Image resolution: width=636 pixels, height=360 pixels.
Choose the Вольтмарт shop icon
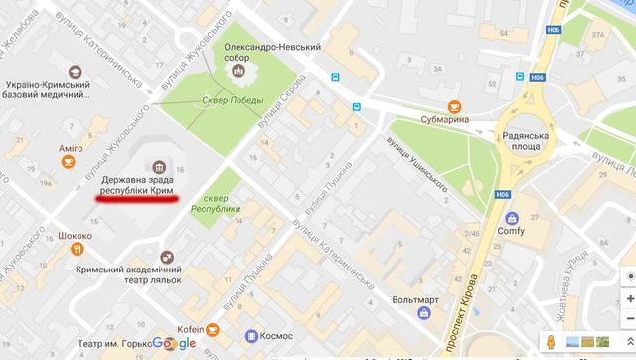424,285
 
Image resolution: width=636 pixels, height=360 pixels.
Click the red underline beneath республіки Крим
137,199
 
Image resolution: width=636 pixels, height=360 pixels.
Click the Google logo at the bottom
174,343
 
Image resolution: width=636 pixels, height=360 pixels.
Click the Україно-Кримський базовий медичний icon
73,71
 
